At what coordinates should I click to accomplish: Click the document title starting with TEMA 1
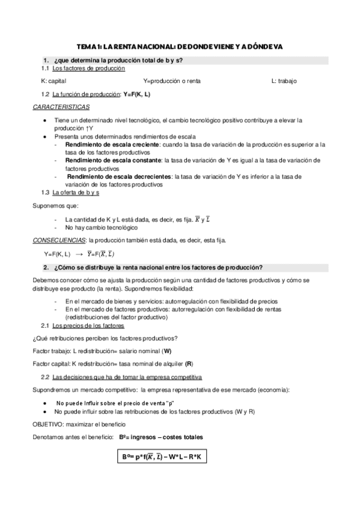coord(180,46)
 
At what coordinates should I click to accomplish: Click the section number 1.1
coord(45,69)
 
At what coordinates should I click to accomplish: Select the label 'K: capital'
coord(54,81)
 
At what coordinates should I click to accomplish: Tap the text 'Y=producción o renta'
coord(172,81)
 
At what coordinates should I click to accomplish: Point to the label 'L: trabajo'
coord(284,81)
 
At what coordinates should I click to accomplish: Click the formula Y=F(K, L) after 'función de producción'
coord(136,95)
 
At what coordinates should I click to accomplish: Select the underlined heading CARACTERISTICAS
coord(61,106)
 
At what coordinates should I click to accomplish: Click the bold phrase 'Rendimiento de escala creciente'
coord(112,145)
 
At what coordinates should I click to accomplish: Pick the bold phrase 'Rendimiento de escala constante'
coord(112,161)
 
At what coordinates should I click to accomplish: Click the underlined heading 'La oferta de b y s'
coord(76,192)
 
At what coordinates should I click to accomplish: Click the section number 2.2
coord(45,377)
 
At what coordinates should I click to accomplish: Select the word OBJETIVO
coord(49,424)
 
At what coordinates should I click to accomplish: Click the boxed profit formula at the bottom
coord(162,458)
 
